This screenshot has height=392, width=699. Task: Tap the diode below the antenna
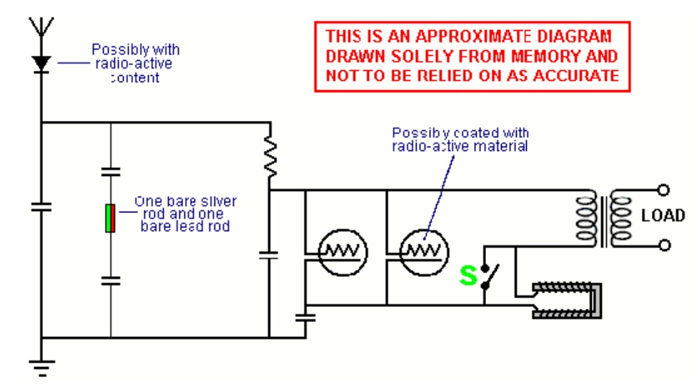tap(41, 64)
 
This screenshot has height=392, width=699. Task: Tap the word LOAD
tap(663, 216)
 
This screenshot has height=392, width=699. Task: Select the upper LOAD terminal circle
tap(665, 191)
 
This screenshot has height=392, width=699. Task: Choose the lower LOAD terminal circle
tap(665, 245)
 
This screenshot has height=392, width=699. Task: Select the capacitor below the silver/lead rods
tap(111, 279)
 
